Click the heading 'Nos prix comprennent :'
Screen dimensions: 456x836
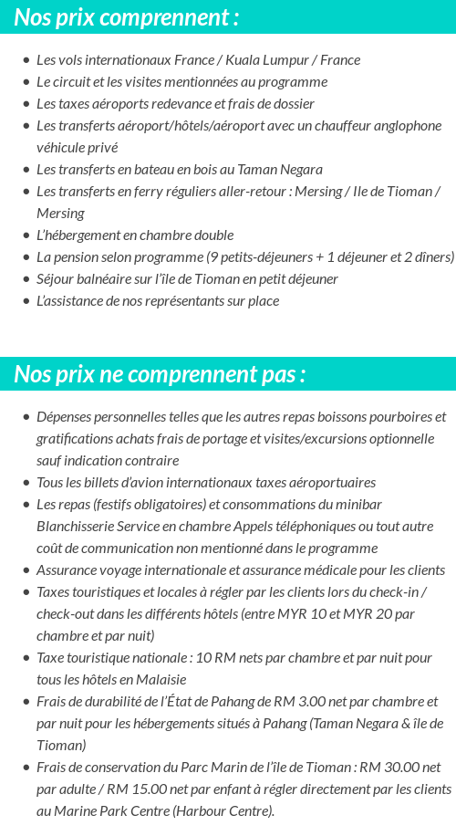[127, 16]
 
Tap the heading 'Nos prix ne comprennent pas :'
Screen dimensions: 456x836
[160, 374]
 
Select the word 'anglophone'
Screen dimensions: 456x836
[407, 126]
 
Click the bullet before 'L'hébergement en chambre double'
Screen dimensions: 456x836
[26, 235]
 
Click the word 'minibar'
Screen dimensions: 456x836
[358, 505]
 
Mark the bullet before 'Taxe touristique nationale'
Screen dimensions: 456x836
[26, 658]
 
